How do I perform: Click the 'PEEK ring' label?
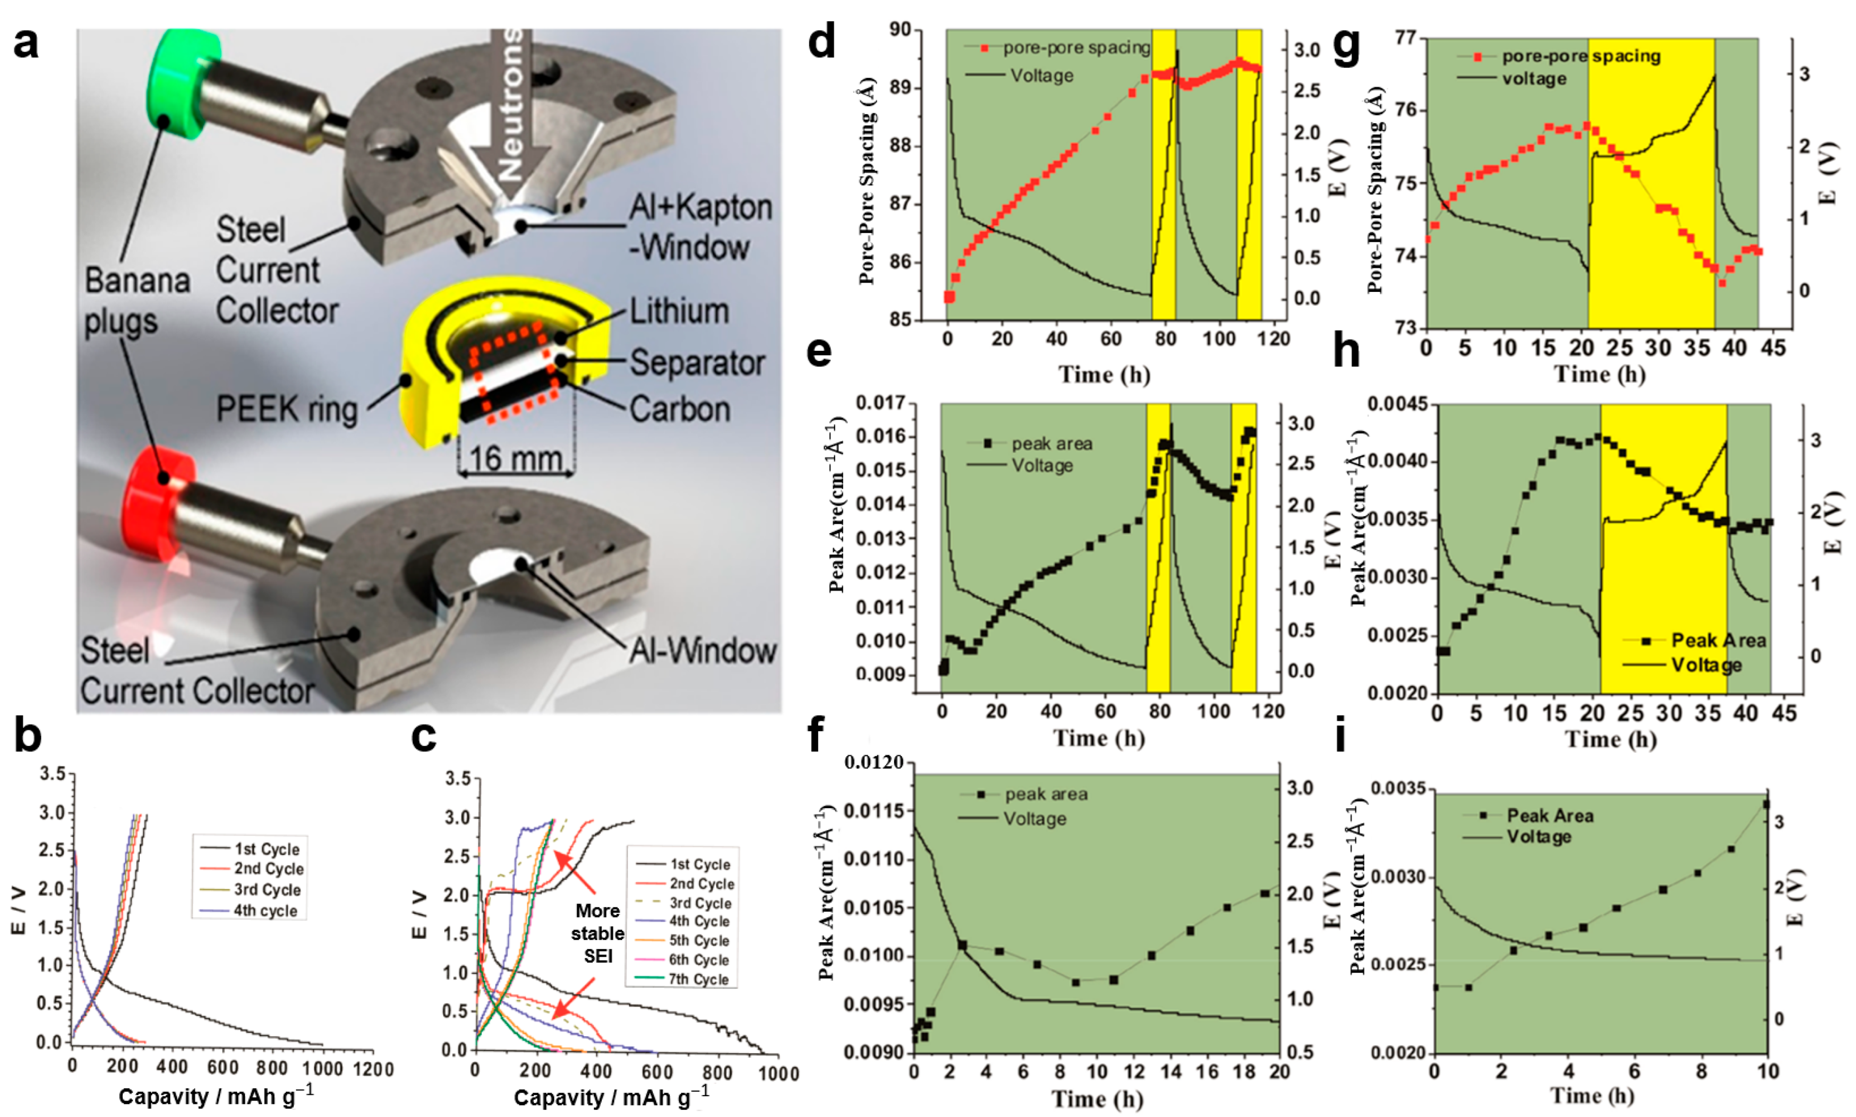286,410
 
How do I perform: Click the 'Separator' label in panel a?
696,363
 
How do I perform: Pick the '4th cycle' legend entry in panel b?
265,911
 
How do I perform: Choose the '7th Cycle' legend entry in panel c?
698,979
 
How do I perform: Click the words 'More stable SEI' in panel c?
598,933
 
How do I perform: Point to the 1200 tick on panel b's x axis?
373,1069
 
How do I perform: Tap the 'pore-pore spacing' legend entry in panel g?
1580,56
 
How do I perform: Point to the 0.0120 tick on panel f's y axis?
873,763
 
